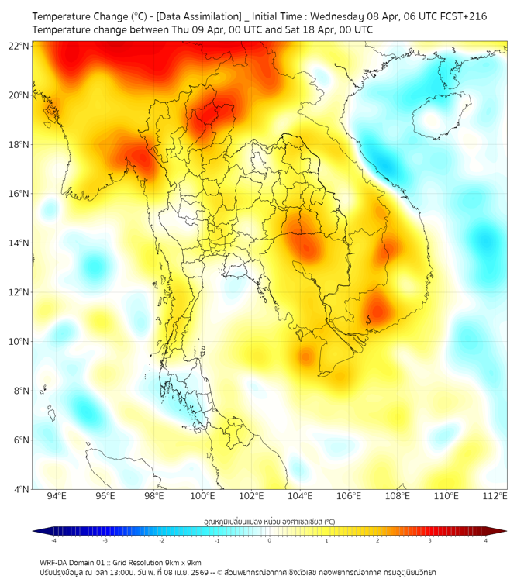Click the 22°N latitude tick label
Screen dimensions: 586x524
(19, 46)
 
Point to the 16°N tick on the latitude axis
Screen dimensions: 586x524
(19, 194)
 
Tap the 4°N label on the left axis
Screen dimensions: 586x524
(22, 489)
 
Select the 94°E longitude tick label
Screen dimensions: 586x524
(57, 496)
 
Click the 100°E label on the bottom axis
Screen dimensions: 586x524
(203, 496)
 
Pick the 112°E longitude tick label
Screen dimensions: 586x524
(495, 496)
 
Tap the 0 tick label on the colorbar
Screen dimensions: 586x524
(270, 540)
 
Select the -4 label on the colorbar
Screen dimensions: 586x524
(53, 540)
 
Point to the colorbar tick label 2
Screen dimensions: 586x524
(378, 540)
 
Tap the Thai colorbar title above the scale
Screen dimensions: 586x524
(269, 522)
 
